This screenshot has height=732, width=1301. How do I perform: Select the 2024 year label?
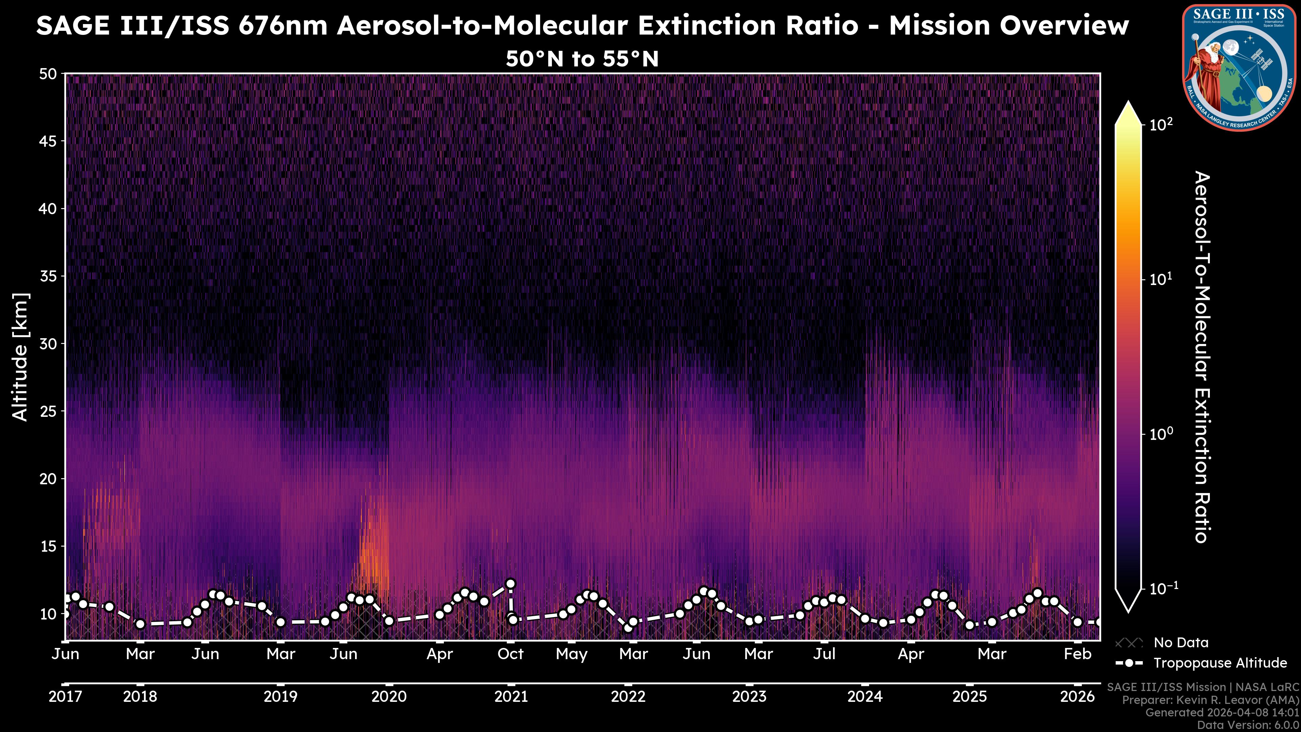[x=865, y=697]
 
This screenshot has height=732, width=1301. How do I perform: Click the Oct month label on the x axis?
[x=510, y=654]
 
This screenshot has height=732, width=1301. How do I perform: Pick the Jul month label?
[x=824, y=654]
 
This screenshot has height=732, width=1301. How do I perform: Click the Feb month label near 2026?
[x=1077, y=654]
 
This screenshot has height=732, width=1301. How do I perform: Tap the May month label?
[x=571, y=654]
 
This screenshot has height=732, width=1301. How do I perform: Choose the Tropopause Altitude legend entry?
[x=1220, y=663]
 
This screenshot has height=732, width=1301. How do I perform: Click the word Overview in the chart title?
[x=1009, y=25]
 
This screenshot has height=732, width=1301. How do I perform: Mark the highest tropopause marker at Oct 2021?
[x=510, y=584]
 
